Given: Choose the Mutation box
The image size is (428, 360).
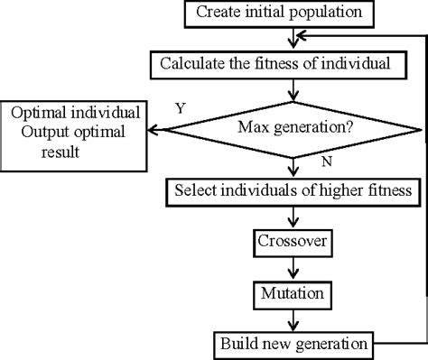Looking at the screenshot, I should tap(289, 293).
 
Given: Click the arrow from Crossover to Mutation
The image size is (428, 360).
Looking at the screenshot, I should tap(290, 268).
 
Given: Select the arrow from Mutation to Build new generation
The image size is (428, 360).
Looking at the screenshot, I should tap(290, 318).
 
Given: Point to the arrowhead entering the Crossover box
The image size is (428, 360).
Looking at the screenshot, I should tap(290, 226).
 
